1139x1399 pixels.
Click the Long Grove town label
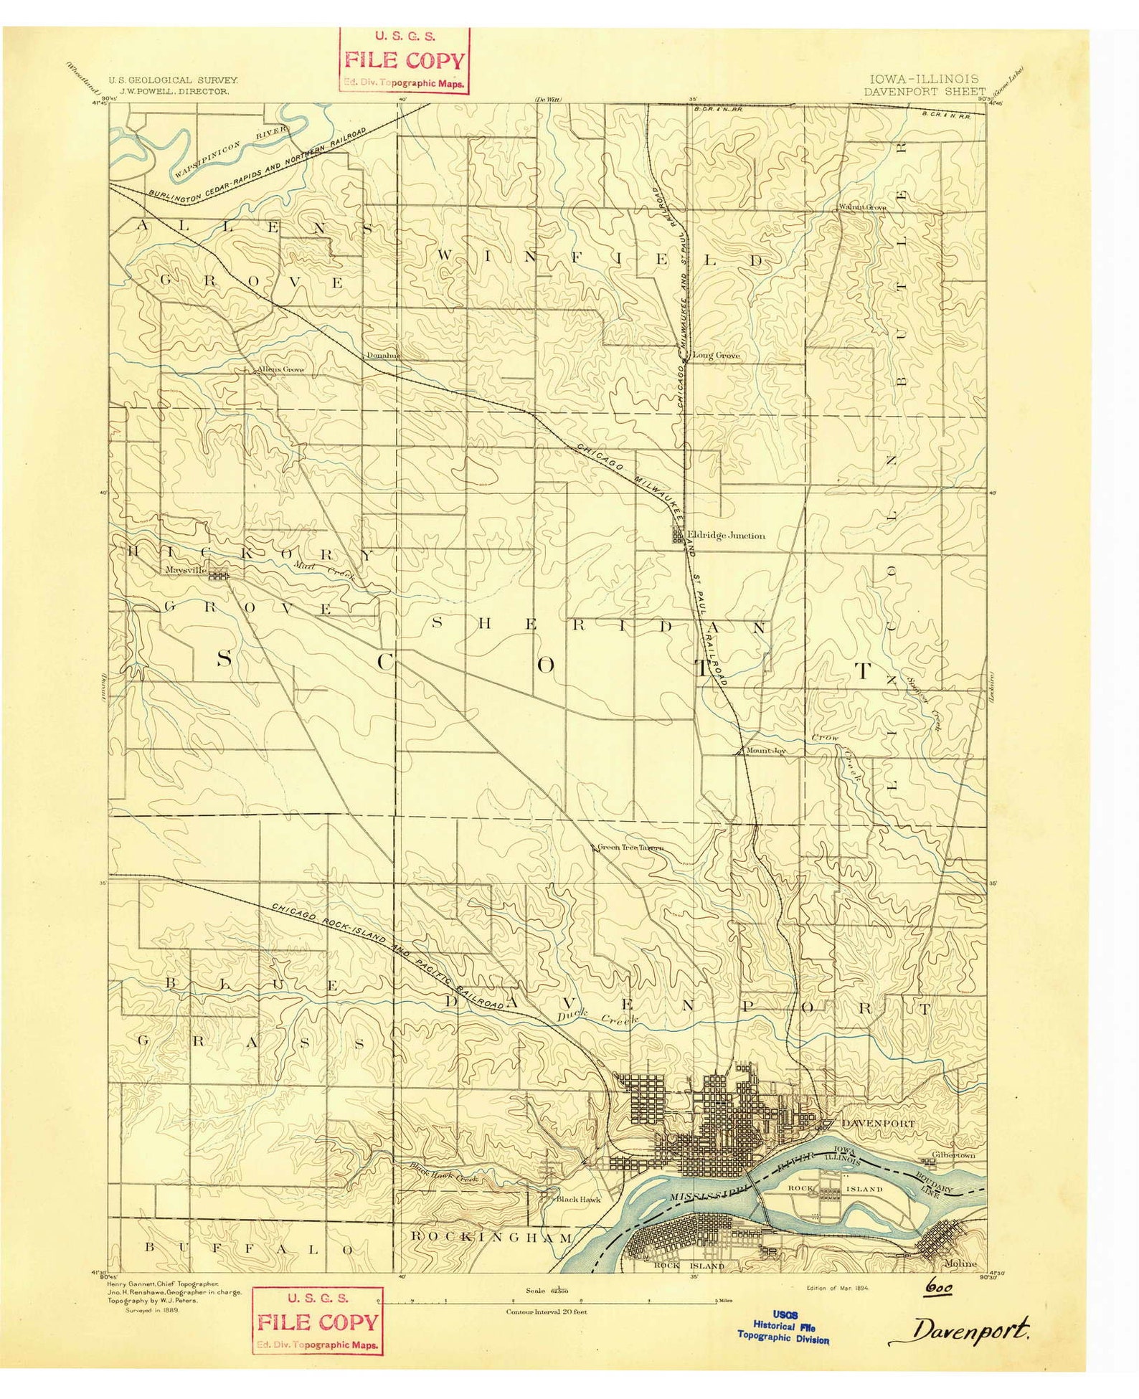pos(716,356)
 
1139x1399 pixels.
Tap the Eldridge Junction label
pos(726,536)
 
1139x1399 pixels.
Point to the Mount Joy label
pos(766,751)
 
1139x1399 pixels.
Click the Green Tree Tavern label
pos(630,848)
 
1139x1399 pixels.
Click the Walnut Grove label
pos(862,208)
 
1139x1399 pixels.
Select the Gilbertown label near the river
pos(953,1155)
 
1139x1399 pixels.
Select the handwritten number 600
pos(939,1288)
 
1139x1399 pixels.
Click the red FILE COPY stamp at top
pos(405,61)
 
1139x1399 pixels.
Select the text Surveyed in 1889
pos(152,1309)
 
